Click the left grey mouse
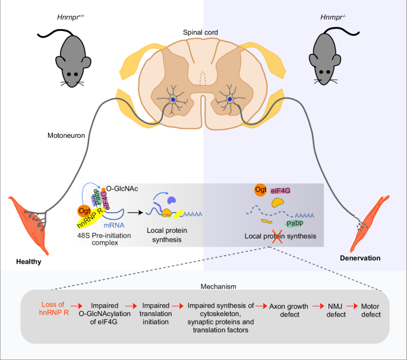tap(64, 55)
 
